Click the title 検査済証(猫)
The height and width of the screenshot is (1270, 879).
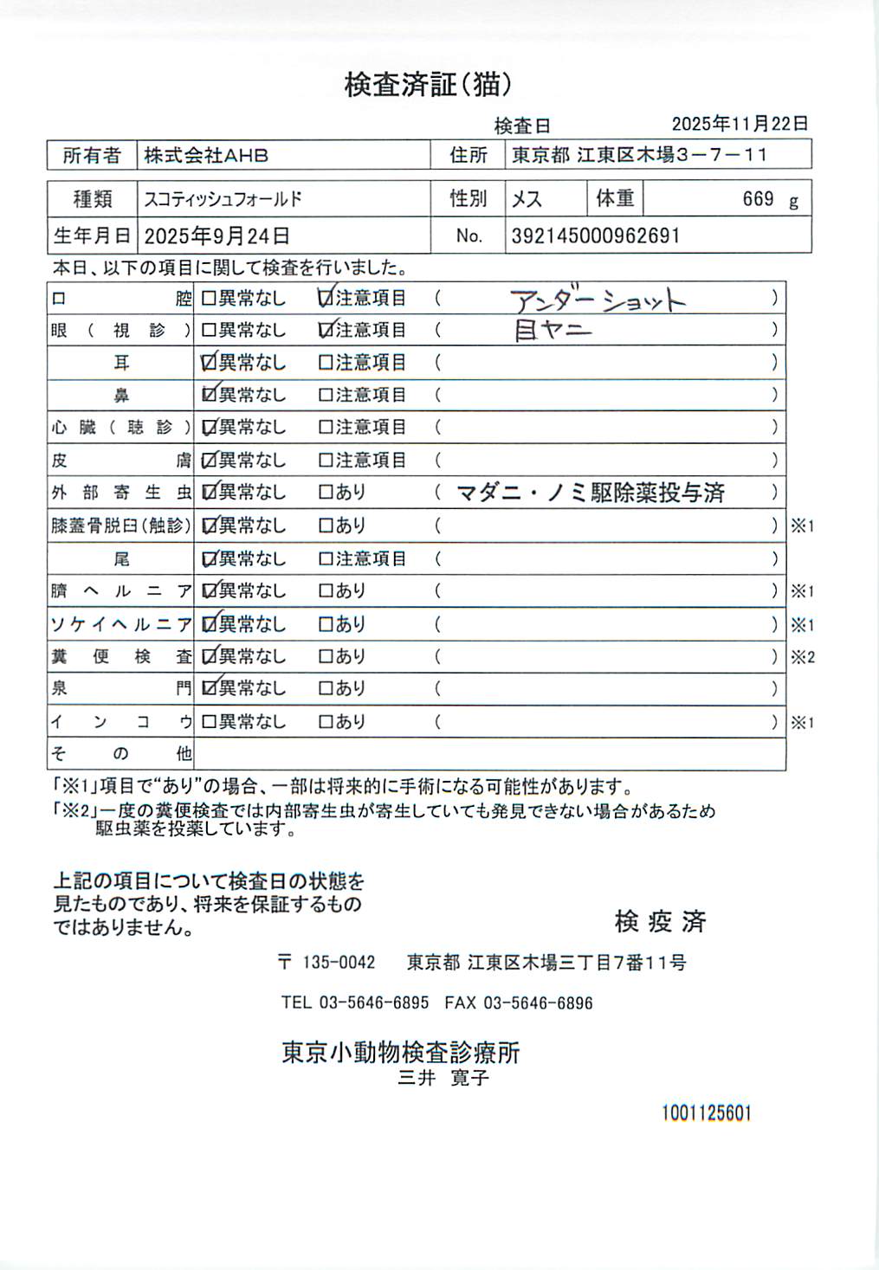click(429, 85)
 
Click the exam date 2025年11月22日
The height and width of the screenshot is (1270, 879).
click(740, 124)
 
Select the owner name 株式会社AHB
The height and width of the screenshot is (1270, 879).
click(206, 156)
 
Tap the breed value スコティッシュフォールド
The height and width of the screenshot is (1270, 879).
click(223, 199)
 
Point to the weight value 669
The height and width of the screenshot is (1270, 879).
click(758, 199)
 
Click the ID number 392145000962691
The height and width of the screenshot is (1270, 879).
click(595, 235)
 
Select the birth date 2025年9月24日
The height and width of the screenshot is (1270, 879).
click(217, 235)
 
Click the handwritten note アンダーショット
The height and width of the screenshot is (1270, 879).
click(598, 300)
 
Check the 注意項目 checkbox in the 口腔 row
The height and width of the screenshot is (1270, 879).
click(326, 299)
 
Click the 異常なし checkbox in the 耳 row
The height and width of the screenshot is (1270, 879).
click(209, 363)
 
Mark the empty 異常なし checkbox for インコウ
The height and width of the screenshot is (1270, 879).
click(209, 722)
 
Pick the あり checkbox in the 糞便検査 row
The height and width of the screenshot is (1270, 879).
click(326, 657)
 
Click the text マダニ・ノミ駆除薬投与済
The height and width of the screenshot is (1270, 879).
click(591, 493)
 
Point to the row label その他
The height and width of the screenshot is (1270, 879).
click(120, 754)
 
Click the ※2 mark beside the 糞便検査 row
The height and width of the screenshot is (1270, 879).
click(803, 657)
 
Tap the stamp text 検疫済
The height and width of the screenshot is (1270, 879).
click(661, 922)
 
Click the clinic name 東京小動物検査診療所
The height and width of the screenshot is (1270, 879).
click(401, 1053)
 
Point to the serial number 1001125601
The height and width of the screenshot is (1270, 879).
click(707, 1113)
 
